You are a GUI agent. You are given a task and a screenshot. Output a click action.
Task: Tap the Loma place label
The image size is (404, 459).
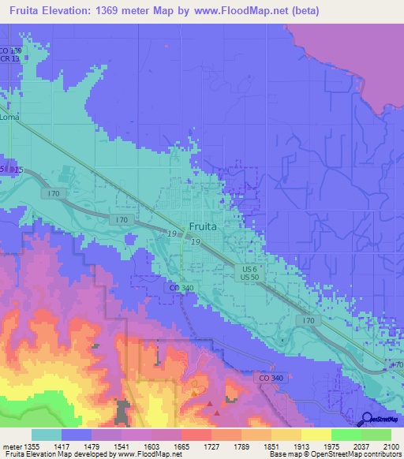tap(9, 118)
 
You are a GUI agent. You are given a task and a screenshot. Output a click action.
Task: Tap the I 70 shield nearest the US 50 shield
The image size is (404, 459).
tap(309, 320)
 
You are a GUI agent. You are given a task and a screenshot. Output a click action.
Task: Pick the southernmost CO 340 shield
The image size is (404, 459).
tap(269, 379)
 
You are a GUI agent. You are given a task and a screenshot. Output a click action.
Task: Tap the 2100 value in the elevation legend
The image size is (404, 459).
tap(390, 446)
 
